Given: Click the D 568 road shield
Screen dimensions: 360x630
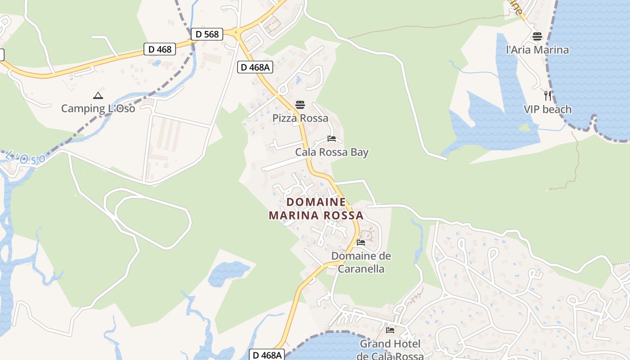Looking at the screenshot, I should pyautogui.click(x=207, y=34).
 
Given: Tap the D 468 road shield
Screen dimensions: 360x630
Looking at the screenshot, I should pyautogui.click(x=160, y=49).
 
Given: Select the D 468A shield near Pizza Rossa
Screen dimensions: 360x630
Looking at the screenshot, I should pyautogui.click(x=255, y=67).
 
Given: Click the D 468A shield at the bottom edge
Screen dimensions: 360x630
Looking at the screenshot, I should pyautogui.click(x=267, y=355).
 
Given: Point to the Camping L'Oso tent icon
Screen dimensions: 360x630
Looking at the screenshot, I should pyautogui.click(x=98, y=95).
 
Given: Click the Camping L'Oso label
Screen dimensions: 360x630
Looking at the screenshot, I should pyautogui.click(x=98, y=108).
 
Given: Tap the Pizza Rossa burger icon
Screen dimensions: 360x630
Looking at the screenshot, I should pyautogui.click(x=300, y=105).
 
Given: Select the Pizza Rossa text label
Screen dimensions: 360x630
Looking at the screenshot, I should pyautogui.click(x=300, y=118).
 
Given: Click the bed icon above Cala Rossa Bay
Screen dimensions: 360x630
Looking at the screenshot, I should pyautogui.click(x=332, y=139).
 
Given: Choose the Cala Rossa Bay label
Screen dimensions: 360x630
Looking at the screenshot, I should pyautogui.click(x=332, y=152).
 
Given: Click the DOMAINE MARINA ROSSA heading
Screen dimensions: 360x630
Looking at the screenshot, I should pyautogui.click(x=316, y=209).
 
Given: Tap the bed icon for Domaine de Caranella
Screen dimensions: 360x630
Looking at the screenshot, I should pyautogui.click(x=361, y=243).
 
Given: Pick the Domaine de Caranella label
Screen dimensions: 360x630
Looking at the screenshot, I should pyautogui.click(x=361, y=262).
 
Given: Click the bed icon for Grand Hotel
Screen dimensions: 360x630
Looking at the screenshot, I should pyautogui.click(x=390, y=330).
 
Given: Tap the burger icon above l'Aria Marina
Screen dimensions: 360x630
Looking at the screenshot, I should pyautogui.click(x=537, y=36).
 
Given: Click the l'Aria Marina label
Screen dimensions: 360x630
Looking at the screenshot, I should pyautogui.click(x=537, y=50).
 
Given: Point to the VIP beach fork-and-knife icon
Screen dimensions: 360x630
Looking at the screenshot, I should pyautogui.click(x=548, y=95).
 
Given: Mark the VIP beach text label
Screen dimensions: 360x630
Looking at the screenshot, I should pyautogui.click(x=548, y=109).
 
